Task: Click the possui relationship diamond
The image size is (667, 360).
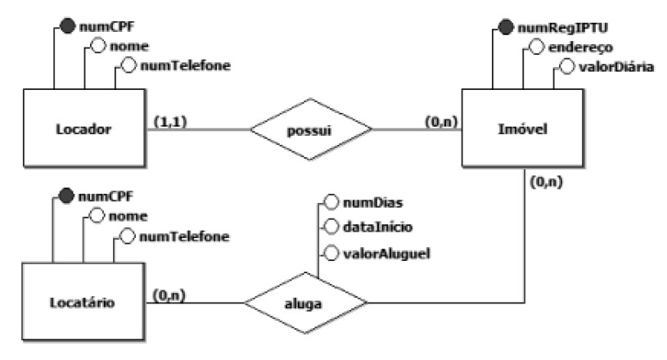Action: (x=310, y=129)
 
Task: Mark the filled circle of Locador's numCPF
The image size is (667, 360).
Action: (x=68, y=27)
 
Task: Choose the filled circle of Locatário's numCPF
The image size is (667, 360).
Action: (x=68, y=197)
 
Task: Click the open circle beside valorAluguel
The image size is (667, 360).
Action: (x=332, y=253)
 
